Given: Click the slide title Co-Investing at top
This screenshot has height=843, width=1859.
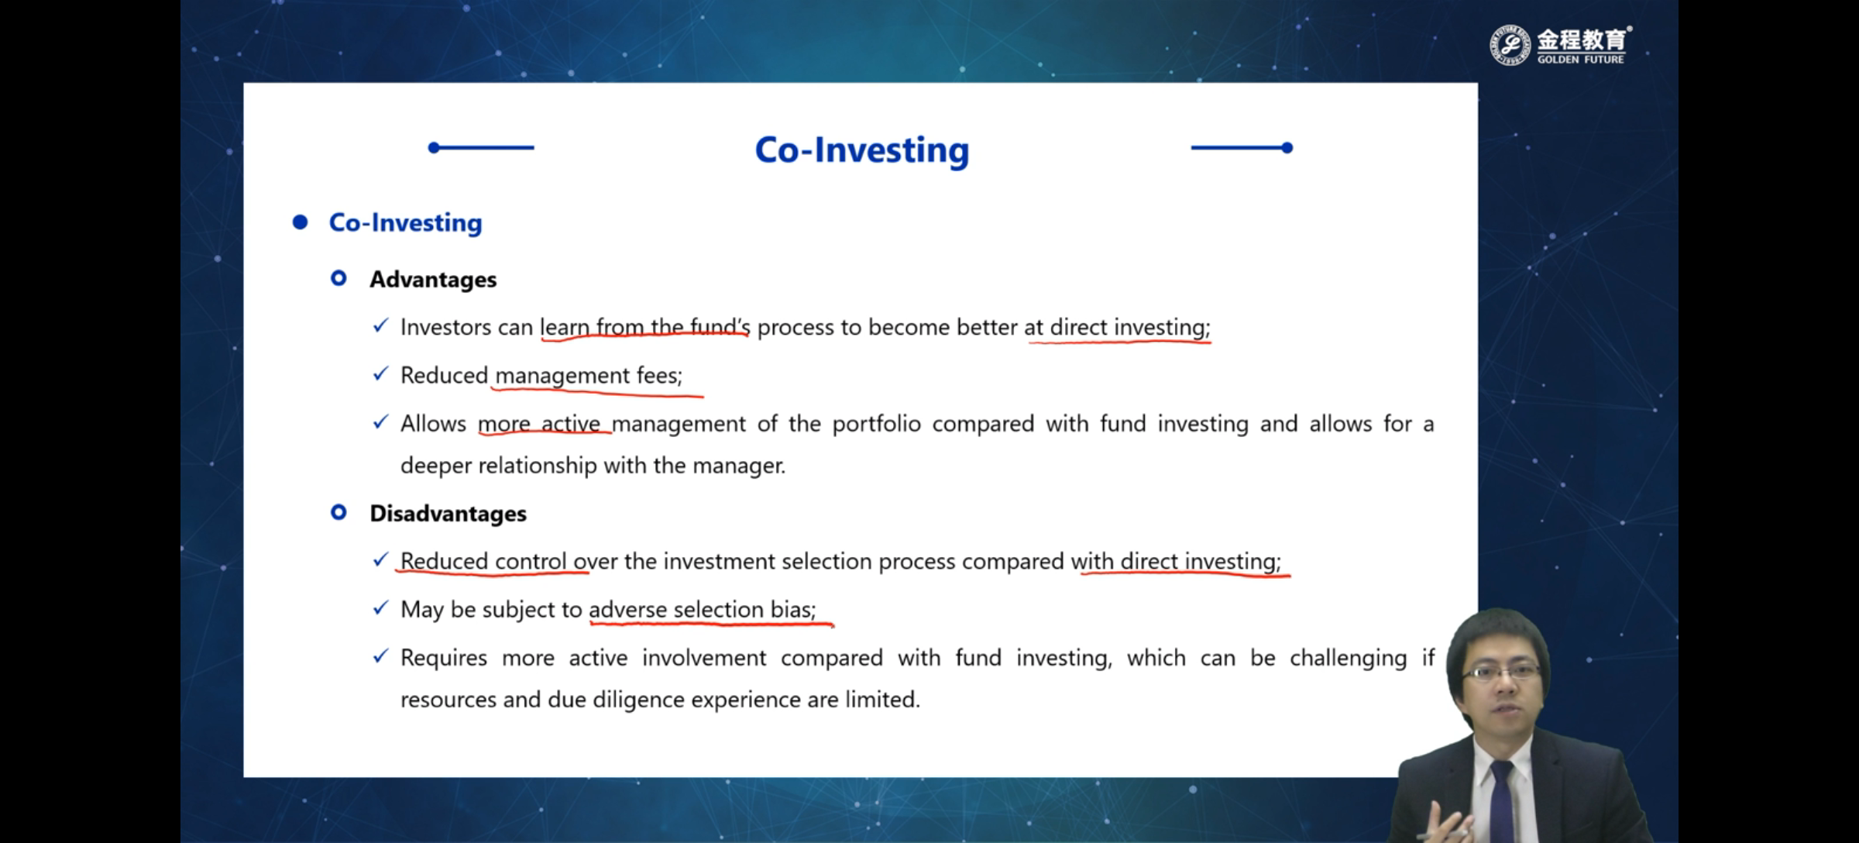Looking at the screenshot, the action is (x=862, y=150).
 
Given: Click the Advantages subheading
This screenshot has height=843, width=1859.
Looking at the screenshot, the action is (x=433, y=280).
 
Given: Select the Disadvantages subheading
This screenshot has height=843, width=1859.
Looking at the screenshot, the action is (x=448, y=514).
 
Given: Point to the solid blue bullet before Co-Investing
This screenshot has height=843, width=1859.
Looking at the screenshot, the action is (x=300, y=222).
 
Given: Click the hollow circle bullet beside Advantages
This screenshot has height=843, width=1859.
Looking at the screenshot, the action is (x=338, y=278).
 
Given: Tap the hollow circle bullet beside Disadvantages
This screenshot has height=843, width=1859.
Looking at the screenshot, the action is (x=338, y=512).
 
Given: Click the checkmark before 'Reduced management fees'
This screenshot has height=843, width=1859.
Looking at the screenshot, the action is (x=380, y=374).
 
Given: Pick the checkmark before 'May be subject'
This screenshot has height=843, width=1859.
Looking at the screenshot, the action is (x=380, y=608).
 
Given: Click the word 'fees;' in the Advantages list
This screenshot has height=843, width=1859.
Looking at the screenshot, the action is (x=659, y=376).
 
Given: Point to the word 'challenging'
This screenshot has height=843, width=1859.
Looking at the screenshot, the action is (x=1348, y=659).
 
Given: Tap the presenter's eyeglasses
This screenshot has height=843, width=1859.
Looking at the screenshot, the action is (x=1500, y=672).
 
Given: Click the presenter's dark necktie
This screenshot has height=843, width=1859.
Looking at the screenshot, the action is (x=1501, y=798).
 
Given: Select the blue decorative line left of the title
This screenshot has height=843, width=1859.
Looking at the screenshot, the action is (x=481, y=147).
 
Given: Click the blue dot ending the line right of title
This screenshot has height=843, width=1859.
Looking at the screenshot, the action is (x=1287, y=147).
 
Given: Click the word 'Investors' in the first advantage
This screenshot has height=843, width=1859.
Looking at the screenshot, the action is (x=445, y=328).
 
